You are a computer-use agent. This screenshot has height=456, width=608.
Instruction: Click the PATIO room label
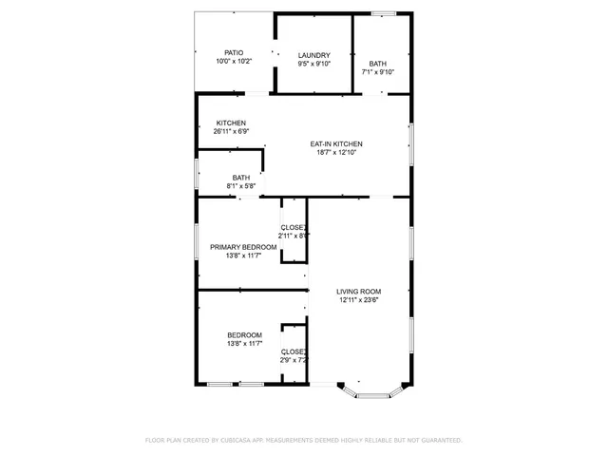pos(233,53)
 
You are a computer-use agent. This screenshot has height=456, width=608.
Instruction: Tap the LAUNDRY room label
pos(313,55)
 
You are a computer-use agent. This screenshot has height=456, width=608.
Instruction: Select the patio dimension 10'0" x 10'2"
pos(233,62)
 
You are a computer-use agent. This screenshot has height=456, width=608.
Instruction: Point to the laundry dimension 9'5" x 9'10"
pos(313,64)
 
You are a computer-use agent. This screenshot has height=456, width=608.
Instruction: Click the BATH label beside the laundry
pos(377,64)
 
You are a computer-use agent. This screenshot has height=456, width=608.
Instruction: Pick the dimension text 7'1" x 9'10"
pos(377,72)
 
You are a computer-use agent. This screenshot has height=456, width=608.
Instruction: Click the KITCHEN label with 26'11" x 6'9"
pos(231,123)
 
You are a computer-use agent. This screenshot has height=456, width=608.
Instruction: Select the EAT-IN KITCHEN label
pos(336,143)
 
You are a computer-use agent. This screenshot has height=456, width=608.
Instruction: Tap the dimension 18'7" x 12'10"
pos(336,152)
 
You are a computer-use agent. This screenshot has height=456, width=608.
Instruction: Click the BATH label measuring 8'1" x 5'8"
pos(241,178)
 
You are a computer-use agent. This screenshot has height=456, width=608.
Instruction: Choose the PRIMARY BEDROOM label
pos(243,247)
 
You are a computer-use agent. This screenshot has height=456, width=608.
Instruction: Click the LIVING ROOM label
pos(359,292)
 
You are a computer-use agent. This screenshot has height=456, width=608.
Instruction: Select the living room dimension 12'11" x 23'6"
pos(359,300)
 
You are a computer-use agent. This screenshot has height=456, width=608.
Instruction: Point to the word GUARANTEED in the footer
pos(439,441)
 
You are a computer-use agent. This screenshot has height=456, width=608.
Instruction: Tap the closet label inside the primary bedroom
pos(294,227)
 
